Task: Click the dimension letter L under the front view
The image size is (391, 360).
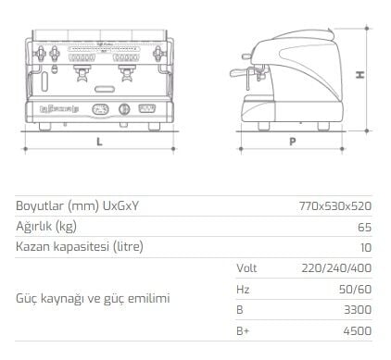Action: point(99,143)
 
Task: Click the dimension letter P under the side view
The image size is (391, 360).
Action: point(292,143)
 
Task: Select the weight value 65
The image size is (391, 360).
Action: point(364,226)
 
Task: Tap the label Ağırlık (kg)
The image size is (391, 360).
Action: point(45,226)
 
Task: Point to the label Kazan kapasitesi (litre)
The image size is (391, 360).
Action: point(80,247)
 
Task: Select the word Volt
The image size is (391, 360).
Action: point(246,267)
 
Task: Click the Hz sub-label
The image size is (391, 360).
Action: point(243,289)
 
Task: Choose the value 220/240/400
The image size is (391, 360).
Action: point(336,267)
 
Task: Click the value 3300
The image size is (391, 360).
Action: point(357,309)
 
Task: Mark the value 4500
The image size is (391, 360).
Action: point(357,330)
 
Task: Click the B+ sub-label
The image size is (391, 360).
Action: point(243,330)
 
